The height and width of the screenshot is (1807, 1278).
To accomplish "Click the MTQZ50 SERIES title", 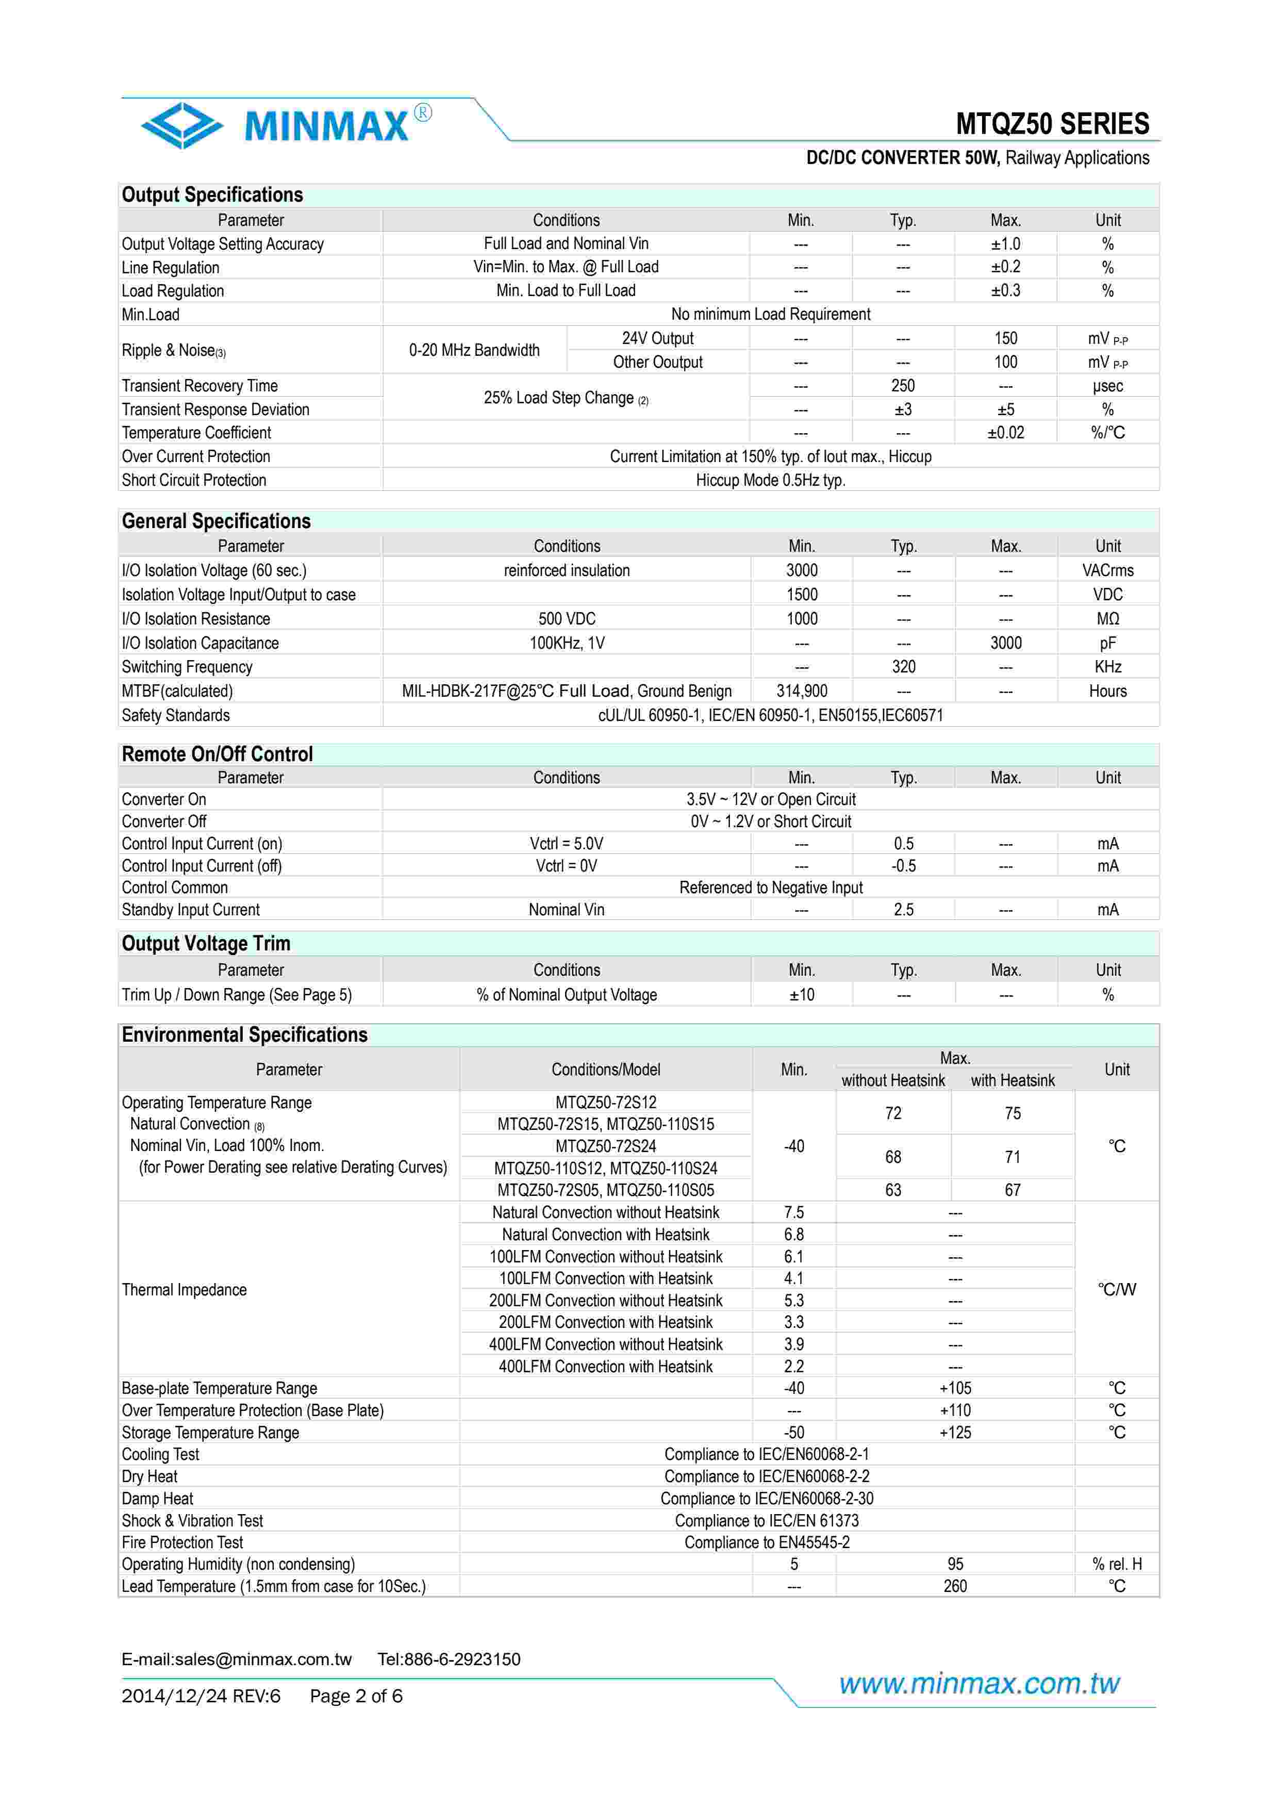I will [1052, 124].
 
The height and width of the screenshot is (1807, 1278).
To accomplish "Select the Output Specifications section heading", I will [212, 195].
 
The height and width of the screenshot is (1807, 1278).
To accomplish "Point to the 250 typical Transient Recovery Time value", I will [903, 386].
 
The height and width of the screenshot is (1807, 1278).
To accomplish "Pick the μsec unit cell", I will [1107, 386].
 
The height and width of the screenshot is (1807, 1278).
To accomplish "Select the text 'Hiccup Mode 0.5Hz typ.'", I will [770, 480].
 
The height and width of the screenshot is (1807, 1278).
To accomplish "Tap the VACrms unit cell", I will [1107, 570].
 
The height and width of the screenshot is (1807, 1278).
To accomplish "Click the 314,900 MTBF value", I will [801, 691].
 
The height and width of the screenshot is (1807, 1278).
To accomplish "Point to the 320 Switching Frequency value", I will [903, 667].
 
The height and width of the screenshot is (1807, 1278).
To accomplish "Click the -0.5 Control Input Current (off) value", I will [903, 866].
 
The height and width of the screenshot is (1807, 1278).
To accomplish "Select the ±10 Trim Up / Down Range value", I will [801, 995].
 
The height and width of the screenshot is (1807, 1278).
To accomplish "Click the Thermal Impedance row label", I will [184, 1289].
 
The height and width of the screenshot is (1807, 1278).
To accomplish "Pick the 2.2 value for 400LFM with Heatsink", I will [793, 1366].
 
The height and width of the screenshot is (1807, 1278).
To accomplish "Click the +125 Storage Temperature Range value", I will [955, 1433].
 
